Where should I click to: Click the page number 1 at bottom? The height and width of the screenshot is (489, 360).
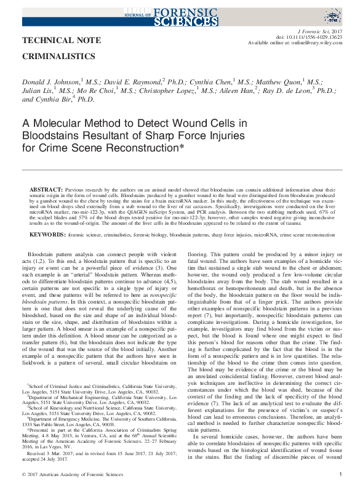pos(340,474)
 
